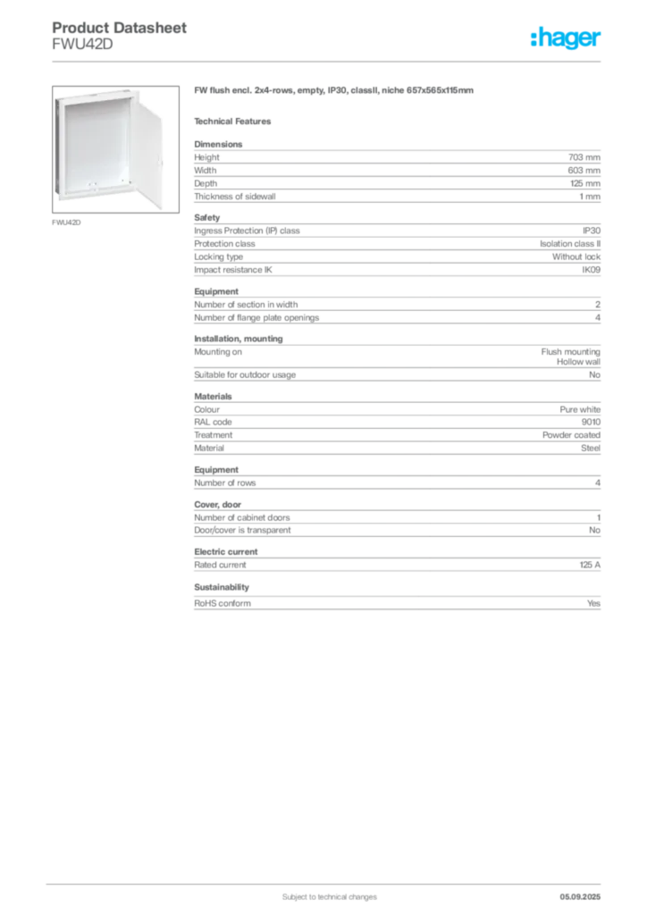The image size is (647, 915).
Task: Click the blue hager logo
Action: [567, 38]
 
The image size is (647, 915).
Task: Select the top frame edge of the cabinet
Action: [98, 93]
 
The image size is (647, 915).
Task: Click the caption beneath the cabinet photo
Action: [68, 222]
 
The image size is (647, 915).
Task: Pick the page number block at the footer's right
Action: [587, 891]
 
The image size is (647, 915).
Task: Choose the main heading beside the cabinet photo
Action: [336, 92]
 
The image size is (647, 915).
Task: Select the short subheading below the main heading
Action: [236, 121]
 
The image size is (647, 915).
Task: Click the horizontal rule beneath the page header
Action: [329, 60]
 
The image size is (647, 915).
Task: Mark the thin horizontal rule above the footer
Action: [329, 881]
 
